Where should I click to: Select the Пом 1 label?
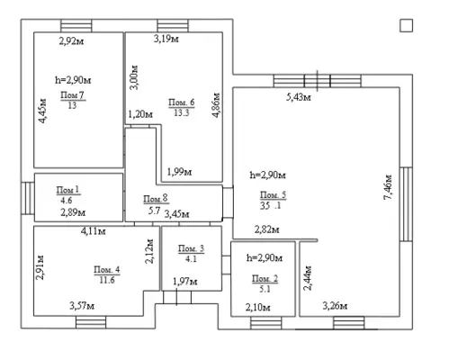68,189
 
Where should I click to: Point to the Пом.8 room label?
156,199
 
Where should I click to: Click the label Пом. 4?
105,269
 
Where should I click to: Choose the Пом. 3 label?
190,248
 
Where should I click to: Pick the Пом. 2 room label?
264,277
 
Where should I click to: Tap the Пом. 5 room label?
273,194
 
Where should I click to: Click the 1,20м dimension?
140,114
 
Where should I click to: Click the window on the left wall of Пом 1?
27,196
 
